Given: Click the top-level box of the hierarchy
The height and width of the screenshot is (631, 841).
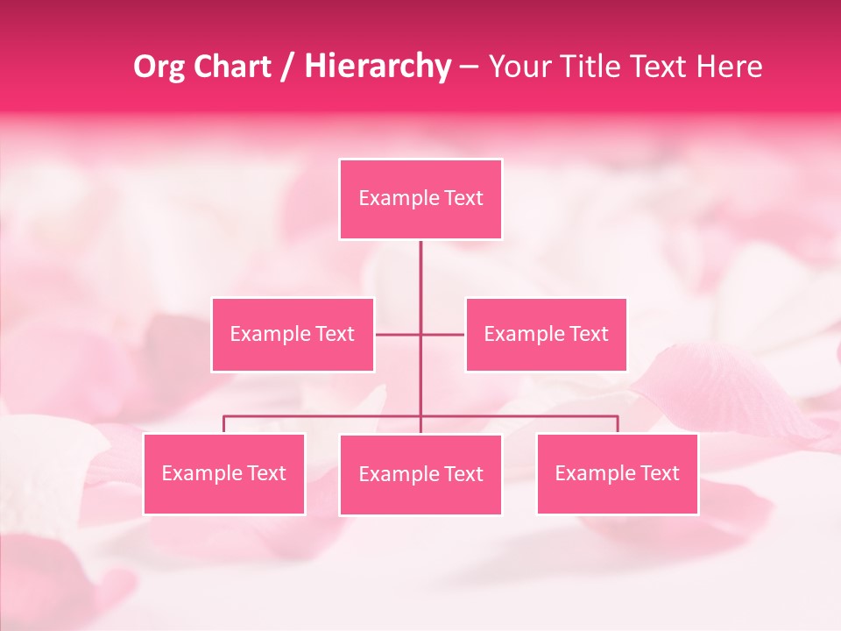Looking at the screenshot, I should point(420,199).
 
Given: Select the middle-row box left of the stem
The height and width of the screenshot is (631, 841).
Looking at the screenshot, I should point(293,335).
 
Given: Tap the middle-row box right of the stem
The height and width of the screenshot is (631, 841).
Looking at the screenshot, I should point(546,335).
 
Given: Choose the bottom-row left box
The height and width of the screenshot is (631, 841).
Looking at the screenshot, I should point(224,474).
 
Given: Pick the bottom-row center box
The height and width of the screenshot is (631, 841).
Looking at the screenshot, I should point(420,475).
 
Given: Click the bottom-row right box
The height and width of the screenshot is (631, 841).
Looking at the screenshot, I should point(617,474).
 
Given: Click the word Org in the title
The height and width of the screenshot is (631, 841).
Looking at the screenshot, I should point(155,67).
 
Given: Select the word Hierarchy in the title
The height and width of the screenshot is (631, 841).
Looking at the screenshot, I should point(377,67).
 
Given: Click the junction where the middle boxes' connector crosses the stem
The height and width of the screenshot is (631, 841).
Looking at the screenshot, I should point(420,335).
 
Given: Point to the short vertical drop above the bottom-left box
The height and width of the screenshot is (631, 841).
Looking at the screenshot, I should point(224,424).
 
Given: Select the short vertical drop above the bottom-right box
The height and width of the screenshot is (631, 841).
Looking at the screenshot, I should point(617,424).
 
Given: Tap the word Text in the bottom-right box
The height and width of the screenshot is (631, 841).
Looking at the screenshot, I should point(660,474).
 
